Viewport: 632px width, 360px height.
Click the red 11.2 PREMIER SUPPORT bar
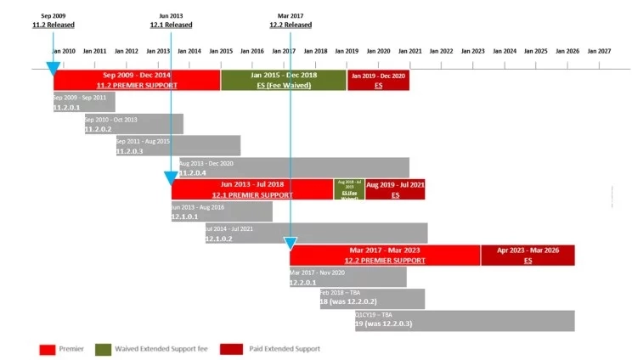click(136, 81)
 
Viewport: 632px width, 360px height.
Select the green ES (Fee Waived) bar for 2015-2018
click(283, 81)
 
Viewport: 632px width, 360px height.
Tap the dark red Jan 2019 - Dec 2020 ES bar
click(378, 81)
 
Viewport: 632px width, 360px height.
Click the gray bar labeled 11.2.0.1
click(83, 103)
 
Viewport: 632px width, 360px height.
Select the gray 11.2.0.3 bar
click(178, 145)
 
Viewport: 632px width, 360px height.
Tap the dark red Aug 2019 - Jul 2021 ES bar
click(395, 189)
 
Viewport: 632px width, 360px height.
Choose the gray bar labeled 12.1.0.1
click(221, 211)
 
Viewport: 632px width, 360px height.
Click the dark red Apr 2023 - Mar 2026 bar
click(528, 255)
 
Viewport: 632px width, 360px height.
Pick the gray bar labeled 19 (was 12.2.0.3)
click(464, 321)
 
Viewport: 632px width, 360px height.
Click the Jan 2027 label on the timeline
click(599, 51)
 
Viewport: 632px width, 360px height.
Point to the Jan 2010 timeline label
click(63, 51)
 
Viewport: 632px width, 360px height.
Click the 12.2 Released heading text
click(290, 25)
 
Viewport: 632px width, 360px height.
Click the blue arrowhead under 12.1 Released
click(171, 178)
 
